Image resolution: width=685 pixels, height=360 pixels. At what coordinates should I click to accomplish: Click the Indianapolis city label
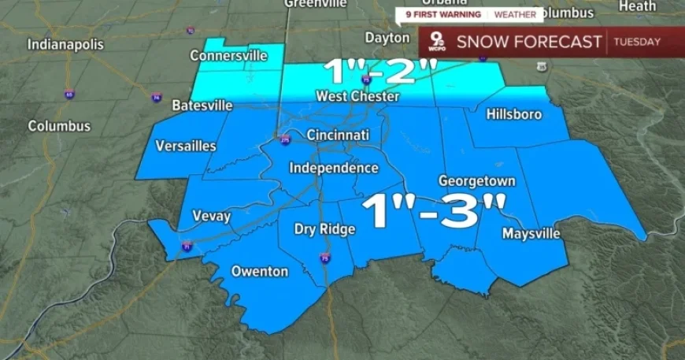[65, 44]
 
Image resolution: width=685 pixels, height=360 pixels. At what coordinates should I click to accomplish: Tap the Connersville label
[228, 56]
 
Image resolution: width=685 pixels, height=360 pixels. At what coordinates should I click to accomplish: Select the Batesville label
[202, 105]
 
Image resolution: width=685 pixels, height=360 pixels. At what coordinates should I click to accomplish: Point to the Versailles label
[186, 146]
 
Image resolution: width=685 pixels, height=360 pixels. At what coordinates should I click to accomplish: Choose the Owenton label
[259, 271]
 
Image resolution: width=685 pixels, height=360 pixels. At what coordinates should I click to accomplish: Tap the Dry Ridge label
[324, 229]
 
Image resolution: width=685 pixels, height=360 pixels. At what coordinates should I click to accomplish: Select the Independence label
[334, 168]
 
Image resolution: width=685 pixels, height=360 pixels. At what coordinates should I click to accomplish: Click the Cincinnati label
[338, 135]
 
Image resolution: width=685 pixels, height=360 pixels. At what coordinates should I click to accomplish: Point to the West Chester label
[358, 96]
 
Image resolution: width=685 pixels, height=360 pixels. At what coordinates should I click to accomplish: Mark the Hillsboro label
[514, 114]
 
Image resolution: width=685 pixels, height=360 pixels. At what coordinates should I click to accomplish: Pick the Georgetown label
[477, 180]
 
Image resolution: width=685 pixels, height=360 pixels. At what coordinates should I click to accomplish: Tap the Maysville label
[531, 234]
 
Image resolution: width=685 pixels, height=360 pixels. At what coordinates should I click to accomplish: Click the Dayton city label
[387, 37]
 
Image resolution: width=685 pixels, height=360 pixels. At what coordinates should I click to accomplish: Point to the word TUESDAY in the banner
[637, 42]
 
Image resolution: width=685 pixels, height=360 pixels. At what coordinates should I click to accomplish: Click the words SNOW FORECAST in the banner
[529, 42]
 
